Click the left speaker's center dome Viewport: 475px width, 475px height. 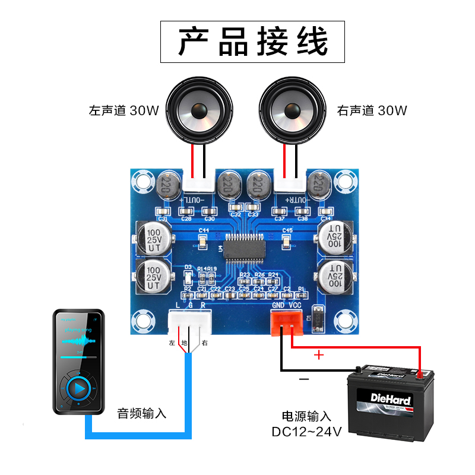coord(198,111)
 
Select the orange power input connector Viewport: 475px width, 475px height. coord(286,322)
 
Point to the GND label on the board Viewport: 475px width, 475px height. coord(278,305)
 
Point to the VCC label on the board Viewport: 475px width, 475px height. coord(296,305)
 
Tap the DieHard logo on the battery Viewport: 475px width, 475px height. coord(389,395)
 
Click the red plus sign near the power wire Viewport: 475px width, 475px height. coord(319,355)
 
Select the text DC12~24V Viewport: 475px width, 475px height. coord(307,432)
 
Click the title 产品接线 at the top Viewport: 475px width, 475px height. coord(253,42)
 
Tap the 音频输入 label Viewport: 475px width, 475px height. coord(142,413)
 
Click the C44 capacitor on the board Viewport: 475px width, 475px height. coord(203,240)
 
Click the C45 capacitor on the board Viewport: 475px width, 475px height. coord(287,240)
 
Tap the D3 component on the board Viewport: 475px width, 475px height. coord(188,277)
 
